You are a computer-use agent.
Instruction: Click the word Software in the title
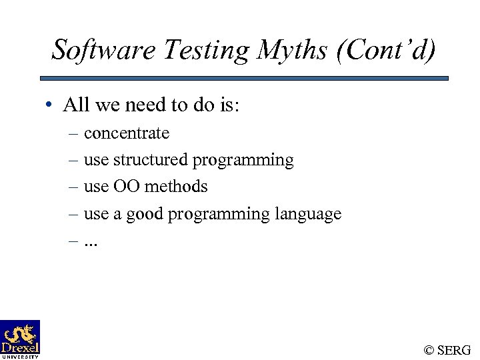pos(95,49)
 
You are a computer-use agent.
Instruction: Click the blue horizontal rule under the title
pos(249,78)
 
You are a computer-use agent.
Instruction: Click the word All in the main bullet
pos(75,105)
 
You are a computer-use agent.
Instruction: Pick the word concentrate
pos(127,133)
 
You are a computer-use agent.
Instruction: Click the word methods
pos(176,187)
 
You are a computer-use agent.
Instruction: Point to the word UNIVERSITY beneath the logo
pos(20,357)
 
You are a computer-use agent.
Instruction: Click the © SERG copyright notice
pos(447,350)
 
